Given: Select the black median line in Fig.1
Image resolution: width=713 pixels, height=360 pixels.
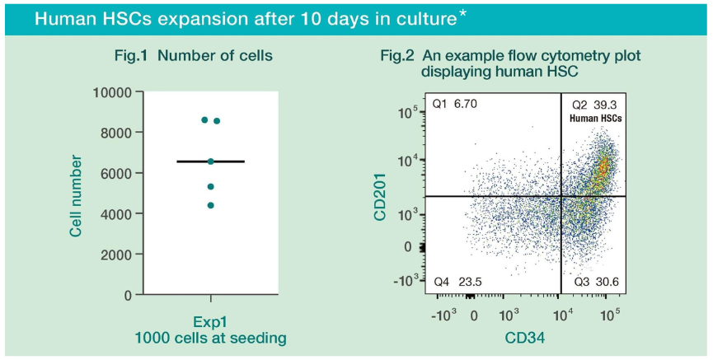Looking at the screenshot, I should (x=210, y=161).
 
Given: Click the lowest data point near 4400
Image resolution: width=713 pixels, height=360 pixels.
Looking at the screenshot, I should (x=210, y=205).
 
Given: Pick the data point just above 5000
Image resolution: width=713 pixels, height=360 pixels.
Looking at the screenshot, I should (x=210, y=187).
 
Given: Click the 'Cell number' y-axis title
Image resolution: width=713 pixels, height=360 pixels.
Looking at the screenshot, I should (x=76, y=194).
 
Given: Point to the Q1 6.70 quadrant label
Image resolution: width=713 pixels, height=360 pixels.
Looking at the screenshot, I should (x=455, y=104).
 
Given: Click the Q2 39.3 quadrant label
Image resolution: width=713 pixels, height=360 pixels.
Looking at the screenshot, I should (x=594, y=105).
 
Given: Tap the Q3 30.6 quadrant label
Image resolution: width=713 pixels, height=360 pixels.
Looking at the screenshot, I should (x=595, y=282).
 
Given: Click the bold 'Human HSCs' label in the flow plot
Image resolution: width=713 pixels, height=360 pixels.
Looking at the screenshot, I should (x=595, y=119).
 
